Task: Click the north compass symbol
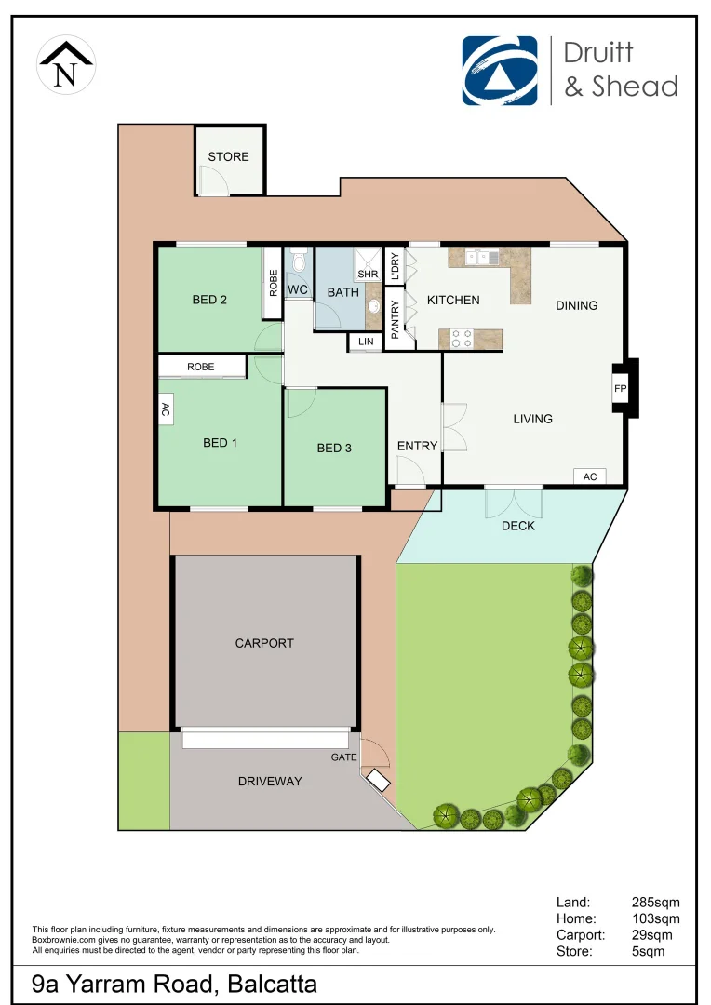pyautogui.click(x=65, y=65)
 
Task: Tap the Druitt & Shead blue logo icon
pyautogui.click(x=500, y=71)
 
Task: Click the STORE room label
pyautogui.click(x=228, y=156)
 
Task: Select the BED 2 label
pyautogui.click(x=209, y=300)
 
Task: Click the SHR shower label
pyautogui.click(x=368, y=275)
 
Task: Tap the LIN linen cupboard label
pyautogui.click(x=364, y=342)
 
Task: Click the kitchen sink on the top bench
pyautogui.click(x=483, y=256)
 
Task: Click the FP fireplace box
pyautogui.click(x=620, y=388)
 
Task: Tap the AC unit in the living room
pyautogui.click(x=589, y=476)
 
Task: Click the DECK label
pyautogui.click(x=517, y=526)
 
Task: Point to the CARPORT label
pyautogui.click(x=264, y=643)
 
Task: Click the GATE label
pyautogui.click(x=343, y=757)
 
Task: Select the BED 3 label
pyautogui.click(x=334, y=448)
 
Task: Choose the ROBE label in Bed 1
pyautogui.click(x=200, y=367)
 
